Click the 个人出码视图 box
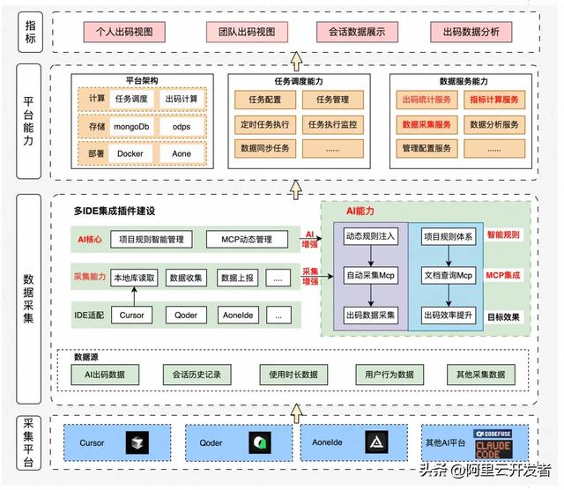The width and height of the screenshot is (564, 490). pos(124,33)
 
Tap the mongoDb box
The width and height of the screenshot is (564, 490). pos(131,127)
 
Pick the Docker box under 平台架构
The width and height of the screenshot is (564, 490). pos(130,153)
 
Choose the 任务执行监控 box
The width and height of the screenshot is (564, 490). pos(333,124)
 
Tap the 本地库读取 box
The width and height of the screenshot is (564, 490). pos(134,278)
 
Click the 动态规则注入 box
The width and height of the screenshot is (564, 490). pos(370,237)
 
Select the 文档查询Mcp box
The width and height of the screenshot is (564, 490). pos(449,276)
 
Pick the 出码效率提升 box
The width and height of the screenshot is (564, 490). pos(449,315)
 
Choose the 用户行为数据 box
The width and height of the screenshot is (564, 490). pos(389,375)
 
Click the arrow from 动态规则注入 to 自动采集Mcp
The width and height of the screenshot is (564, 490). pos(370,256)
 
